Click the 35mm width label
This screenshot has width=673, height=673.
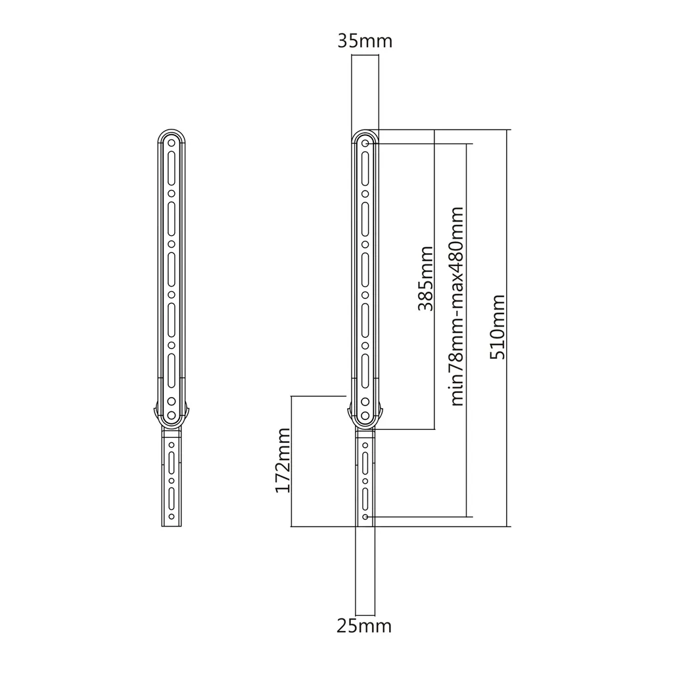pyautogui.click(x=365, y=41)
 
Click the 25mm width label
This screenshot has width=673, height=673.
pyautogui.click(x=365, y=626)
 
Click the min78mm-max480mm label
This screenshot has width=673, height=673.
pyautogui.click(x=457, y=306)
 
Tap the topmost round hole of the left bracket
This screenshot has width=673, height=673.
pyautogui.click(x=171, y=142)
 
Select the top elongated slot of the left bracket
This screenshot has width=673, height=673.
pyautogui.click(x=171, y=168)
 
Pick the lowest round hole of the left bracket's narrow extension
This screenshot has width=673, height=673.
pyautogui.click(x=171, y=517)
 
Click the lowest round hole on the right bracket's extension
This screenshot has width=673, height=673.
pyautogui.click(x=365, y=517)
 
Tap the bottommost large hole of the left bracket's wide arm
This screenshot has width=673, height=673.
pyautogui.click(x=171, y=415)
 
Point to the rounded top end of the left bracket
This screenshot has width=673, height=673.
pyautogui.click(x=171, y=132)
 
